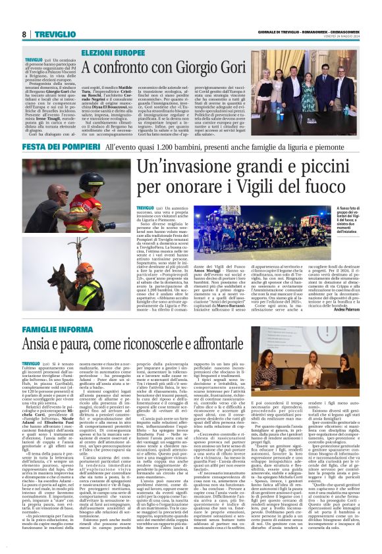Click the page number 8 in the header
pyautogui.click(x=24, y=34)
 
